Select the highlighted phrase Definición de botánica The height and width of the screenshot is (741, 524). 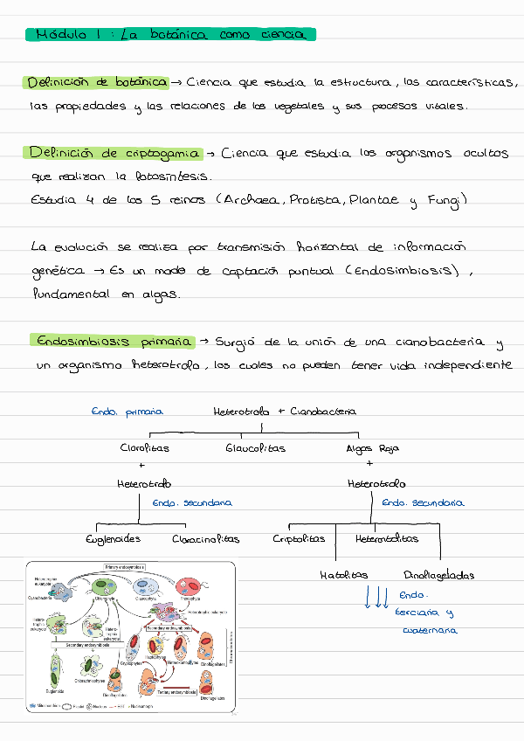96,82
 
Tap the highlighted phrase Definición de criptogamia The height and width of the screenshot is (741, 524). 114,153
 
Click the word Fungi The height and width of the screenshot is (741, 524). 446,201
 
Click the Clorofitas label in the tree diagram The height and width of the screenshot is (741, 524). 145,448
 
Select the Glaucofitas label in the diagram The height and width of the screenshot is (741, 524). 255,448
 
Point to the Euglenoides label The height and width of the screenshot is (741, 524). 112,539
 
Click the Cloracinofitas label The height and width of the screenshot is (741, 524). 205,539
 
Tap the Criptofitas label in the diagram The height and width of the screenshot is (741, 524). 300,539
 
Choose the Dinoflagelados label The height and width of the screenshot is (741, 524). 439,575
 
